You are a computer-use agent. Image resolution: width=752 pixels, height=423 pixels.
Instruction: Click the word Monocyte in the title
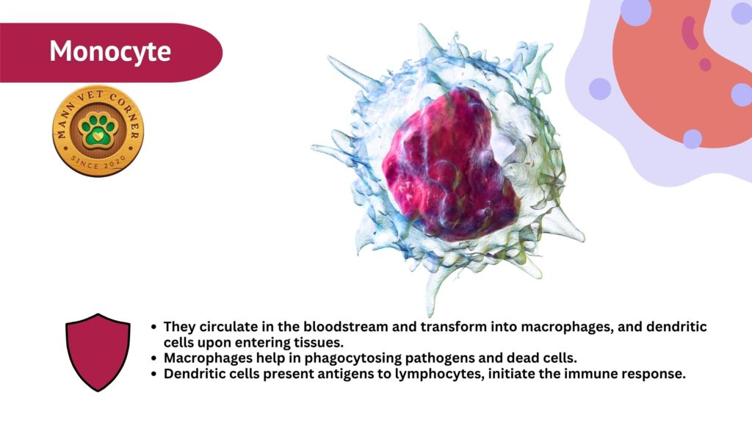(110, 51)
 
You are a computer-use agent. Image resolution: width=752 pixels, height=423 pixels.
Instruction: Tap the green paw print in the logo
(98, 130)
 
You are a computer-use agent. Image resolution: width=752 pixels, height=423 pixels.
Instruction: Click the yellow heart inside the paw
(98, 137)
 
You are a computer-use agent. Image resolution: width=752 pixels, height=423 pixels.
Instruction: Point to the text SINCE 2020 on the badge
(98, 162)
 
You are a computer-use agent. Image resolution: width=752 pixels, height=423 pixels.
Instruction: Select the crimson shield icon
(98, 352)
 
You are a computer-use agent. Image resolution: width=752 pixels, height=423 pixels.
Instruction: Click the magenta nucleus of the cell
(451, 164)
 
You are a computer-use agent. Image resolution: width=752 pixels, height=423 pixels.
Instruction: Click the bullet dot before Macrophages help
(153, 358)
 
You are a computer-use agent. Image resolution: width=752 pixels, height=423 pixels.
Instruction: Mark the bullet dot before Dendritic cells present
(153, 374)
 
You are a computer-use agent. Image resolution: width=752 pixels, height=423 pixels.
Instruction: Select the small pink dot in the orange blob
(705, 65)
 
